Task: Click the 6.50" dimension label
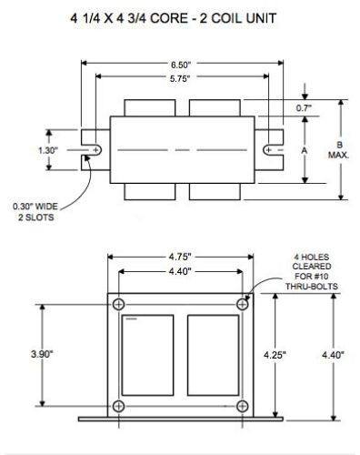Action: pyautogui.click(x=181, y=65)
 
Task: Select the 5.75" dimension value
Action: pyautogui.click(x=180, y=79)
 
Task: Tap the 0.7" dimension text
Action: pyautogui.click(x=304, y=108)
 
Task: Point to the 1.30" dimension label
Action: pyautogui.click(x=48, y=150)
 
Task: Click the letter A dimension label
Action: pyautogui.click(x=305, y=150)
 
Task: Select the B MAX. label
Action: pyautogui.click(x=339, y=150)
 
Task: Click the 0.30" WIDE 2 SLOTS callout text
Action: pyautogui.click(x=35, y=212)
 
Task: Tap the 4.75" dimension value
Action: pyautogui.click(x=180, y=257)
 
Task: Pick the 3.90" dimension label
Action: pyautogui.click(x=42, y=354)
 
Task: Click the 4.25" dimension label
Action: pyautogui.click(x=275, y=355)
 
